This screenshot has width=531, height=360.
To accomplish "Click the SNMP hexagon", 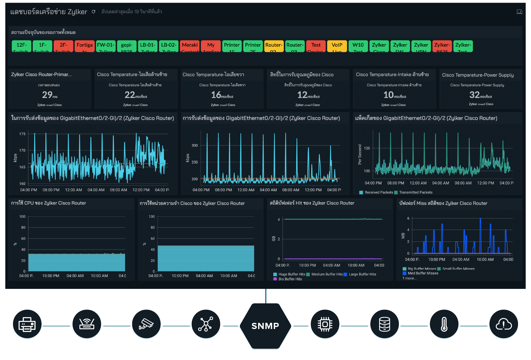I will tap(265, 326).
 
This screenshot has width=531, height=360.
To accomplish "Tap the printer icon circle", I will tap(27, 324).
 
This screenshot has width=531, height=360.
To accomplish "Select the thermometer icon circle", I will tap(444, 324).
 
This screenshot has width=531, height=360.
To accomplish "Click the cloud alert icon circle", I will tap(504, 324).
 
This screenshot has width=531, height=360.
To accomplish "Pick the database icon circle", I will tap(384, 324).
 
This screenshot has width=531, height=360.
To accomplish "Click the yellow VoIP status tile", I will tap(337, 46).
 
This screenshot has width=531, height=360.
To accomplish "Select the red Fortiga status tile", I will tap(85, 46).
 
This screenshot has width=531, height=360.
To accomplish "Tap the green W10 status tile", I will tap(358, 46).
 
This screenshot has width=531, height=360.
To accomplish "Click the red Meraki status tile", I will tap(190, 46).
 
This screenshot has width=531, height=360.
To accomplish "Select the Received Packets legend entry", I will tap(376, 192).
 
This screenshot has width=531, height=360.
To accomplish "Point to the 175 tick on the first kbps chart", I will tap(22, 134).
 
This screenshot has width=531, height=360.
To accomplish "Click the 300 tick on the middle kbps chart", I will tap(195, 145).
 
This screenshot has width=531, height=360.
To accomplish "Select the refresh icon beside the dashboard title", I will tap(94, 12).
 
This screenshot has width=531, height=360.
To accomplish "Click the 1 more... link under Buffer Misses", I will tap(409, 278).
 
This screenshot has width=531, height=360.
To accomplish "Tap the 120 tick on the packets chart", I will tap(367, 148).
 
